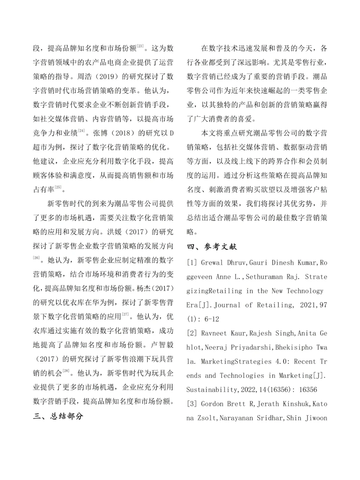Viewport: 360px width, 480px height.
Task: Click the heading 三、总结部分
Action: pyautogui.click(x=58, y=416)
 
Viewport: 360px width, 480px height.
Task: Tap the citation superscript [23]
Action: pyautogui.click(x=140, y=46)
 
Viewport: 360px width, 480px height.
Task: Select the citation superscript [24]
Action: pyautogui.click(x=81, y=131)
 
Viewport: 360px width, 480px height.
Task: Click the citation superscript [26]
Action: pyautogui.click(x=36, y=258)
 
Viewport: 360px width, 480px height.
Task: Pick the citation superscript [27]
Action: pyautogui.click(x=126, y=314)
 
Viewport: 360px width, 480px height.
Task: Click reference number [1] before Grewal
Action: pyautogui.click(x=192, y=262)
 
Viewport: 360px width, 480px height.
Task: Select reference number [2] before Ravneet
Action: pyautogui.click(x=192, y=333)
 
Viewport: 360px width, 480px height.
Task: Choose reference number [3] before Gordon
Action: pyautogui.click(x=192, y=404)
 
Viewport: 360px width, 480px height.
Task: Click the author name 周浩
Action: pyautogui.click(x=84, y=77)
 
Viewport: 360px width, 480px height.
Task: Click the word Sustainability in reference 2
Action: pyautogui.click(x=212, y=390)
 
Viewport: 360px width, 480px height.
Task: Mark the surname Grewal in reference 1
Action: pyautogui.click(x=212, y=262)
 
